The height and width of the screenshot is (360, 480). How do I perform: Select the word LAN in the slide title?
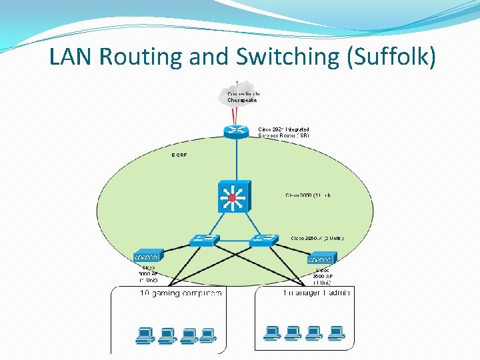(72, 57)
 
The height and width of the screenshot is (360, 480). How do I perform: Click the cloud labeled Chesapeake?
(238, 96)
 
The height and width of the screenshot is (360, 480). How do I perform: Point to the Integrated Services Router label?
(283, 132)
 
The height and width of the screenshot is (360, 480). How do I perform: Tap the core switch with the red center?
(232, 197)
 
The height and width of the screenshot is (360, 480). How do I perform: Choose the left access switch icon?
(204, 241)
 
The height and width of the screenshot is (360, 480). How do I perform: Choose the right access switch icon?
(264, 240)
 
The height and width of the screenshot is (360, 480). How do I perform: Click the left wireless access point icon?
(147, 257)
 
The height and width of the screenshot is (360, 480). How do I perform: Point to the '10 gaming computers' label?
(180, 293)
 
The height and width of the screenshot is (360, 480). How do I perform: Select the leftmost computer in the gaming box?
(146, 335)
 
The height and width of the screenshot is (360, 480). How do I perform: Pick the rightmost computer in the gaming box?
(208, 335)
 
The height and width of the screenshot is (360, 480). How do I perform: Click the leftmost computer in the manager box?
(272, 332)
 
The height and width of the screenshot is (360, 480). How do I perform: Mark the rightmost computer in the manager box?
(335, 332)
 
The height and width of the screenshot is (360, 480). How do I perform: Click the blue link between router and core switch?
(236, 160)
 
